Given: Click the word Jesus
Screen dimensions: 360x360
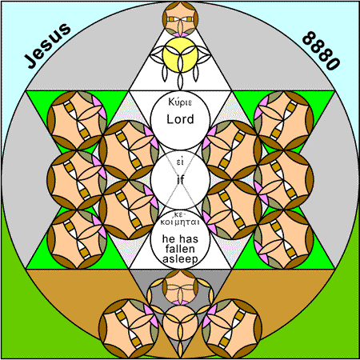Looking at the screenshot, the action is coord(48,46).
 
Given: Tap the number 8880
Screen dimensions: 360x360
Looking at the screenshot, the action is coord(321,50).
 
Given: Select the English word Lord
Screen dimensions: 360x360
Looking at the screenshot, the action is coord(180,119).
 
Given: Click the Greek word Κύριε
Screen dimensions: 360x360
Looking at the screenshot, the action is coord(180,102).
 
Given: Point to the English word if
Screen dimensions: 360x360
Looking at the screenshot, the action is coord(181,180).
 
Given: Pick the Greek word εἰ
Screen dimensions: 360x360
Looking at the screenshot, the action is coord(180,162).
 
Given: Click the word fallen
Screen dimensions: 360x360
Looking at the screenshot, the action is coord(180,249).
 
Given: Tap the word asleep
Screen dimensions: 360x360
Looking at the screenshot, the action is coord(180,259).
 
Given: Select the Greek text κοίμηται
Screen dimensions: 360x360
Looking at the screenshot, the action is coord(180,222).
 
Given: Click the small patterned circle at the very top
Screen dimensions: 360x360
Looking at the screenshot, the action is coord(180,19).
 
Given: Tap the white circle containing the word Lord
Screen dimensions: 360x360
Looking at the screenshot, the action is coord(180,120).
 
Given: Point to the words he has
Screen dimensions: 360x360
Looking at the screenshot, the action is coord(180,239).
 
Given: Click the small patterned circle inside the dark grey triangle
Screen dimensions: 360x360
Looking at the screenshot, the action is coord(180,287).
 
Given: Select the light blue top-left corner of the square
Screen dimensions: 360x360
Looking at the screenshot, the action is coord(10,10).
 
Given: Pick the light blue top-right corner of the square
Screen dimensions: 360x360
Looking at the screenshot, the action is coord(350,10).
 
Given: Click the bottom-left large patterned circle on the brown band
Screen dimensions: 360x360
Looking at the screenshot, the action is coord(129,329).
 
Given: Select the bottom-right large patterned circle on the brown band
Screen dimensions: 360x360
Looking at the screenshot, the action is coord(232,329).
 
